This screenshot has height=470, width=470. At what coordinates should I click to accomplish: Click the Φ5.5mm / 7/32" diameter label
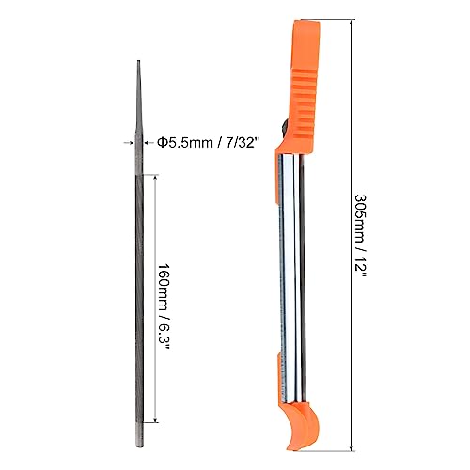tap(209, 143)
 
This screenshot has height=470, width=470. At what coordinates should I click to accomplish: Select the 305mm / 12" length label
tap(360, 237)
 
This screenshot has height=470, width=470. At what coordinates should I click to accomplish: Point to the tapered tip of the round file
tap(138, 61)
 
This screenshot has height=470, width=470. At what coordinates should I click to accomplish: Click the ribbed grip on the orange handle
tap(303, 103)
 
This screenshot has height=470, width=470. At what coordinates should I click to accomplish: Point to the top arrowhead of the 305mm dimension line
tap(352, 22)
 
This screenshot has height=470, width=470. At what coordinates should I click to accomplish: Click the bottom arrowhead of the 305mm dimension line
tap(352, 450)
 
